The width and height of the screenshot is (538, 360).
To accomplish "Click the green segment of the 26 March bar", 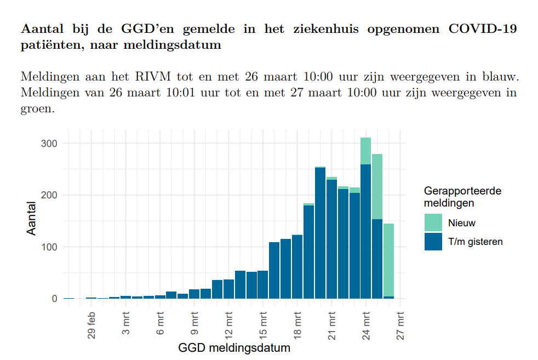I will (388, 260).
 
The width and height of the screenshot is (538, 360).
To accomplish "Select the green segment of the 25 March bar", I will (377, 186).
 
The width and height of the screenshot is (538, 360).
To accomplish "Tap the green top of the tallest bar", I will (365, 151).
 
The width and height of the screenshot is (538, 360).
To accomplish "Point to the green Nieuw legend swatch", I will (433, 223).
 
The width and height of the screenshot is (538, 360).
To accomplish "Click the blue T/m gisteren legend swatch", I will (433, 242).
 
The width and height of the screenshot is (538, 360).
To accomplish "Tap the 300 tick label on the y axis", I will (50, 144).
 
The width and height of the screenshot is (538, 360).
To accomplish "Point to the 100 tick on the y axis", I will (50, 247).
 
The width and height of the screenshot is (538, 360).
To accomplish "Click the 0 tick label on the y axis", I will (54, 299).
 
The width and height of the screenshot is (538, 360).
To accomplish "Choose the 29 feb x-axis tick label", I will (92, 325).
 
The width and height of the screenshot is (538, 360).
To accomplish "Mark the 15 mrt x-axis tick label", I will (264, 325).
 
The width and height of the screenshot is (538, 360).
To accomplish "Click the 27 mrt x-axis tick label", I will (401, 325).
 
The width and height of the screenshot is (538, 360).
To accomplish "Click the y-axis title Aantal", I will (32, 218).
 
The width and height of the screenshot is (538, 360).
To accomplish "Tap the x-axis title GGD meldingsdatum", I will (234, 348).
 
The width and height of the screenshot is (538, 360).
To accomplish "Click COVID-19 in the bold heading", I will (482, 29).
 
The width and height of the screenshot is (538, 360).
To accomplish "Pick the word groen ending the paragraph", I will (37, 108).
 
